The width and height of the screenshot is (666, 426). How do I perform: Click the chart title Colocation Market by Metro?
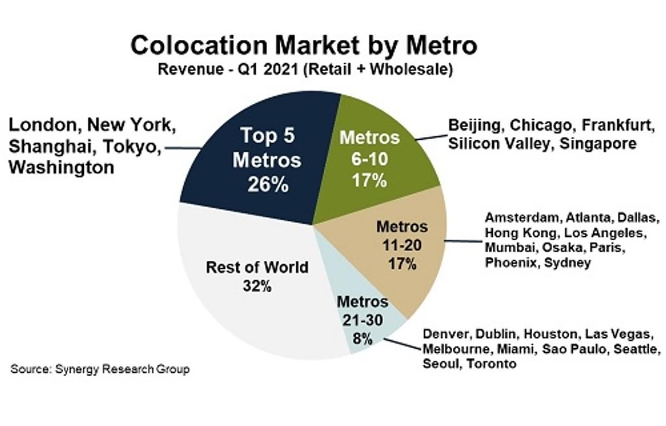303,45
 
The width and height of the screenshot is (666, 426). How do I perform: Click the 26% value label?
268,184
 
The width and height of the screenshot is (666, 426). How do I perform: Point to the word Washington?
62,168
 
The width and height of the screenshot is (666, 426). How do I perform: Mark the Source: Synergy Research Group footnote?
100,369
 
